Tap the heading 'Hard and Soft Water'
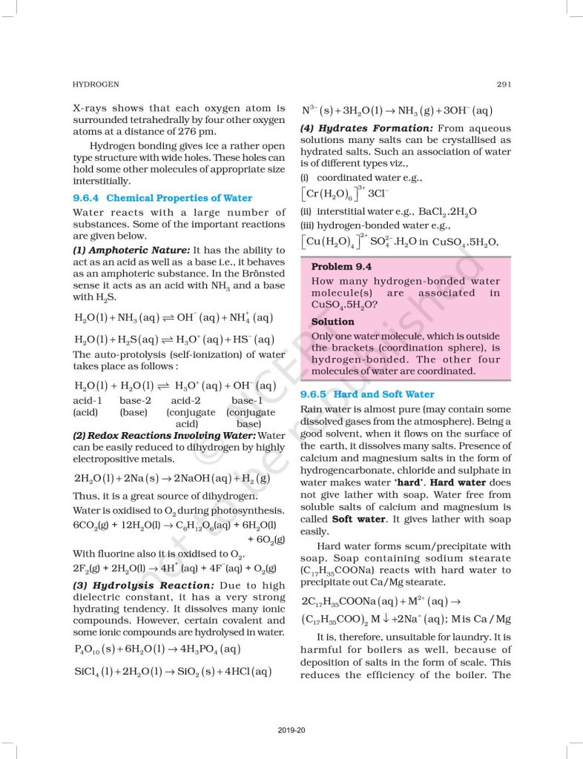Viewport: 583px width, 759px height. click(384, 394)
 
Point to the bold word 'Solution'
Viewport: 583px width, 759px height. click(332, 322)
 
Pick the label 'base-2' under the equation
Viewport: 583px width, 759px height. click(136, 401)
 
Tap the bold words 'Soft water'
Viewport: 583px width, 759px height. click(352, 519)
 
